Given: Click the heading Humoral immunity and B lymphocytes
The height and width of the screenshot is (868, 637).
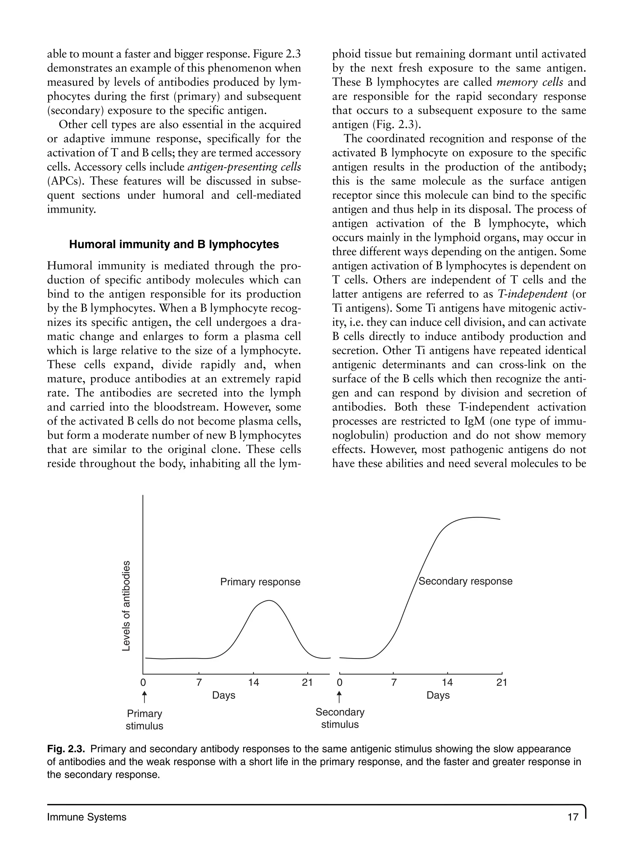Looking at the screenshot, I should pos(174,244).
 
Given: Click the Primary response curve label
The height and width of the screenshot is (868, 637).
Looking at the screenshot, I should pos(260,582).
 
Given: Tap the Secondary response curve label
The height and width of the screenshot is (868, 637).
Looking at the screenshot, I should pos(465,581).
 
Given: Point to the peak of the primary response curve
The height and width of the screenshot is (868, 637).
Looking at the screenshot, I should pos(269,601).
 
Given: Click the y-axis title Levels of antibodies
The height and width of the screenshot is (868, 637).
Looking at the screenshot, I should pos(126,606).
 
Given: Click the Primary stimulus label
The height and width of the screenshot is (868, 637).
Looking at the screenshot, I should pos(145,720).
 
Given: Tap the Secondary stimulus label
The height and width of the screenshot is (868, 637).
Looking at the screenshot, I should pos(340,718).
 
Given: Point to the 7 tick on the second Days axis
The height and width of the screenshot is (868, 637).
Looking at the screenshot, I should pos(394,683).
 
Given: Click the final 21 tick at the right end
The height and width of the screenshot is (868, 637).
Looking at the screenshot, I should pos(502,683).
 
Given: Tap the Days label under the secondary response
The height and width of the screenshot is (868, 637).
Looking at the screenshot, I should pos(438,695).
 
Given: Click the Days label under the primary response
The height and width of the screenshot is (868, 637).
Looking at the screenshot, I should pos(224,695).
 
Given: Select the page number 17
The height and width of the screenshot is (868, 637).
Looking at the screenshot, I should pos(573,817).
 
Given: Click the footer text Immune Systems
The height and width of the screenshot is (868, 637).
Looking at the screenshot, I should pos(87,817).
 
